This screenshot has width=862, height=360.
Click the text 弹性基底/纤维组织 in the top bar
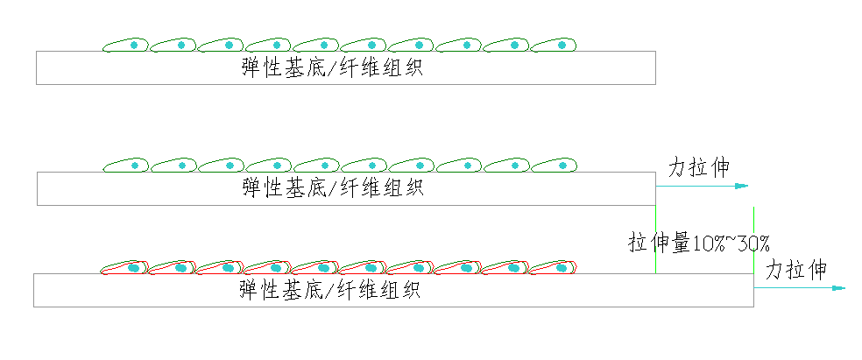click(333, 68)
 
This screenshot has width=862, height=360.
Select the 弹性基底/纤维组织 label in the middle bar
click(333, 188)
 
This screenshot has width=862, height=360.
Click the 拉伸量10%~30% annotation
click(698, 244)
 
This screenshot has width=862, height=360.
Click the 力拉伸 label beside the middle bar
click(699, 167)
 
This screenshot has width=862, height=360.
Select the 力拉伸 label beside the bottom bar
click(795, 270)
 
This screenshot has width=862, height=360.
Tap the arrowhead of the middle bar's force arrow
click(743, 186)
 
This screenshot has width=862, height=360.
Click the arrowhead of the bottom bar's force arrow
click(839, 287)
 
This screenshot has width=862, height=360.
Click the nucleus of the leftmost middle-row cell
click(135, 164)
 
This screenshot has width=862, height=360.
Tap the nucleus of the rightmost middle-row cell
click(562, 164)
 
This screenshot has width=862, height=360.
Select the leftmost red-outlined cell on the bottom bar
click(124, 267)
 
